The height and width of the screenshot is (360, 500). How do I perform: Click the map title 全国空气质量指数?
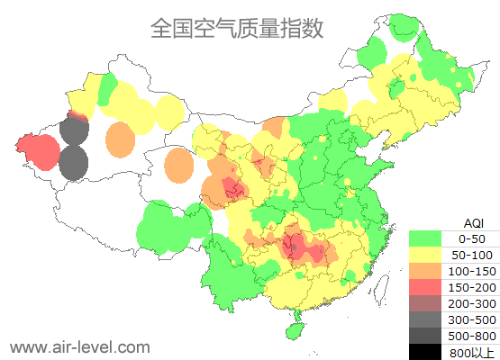[x=237, y=28]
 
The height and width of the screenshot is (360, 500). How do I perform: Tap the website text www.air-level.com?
[x=79, y=346]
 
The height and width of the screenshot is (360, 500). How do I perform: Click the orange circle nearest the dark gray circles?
[x=120, y=140]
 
